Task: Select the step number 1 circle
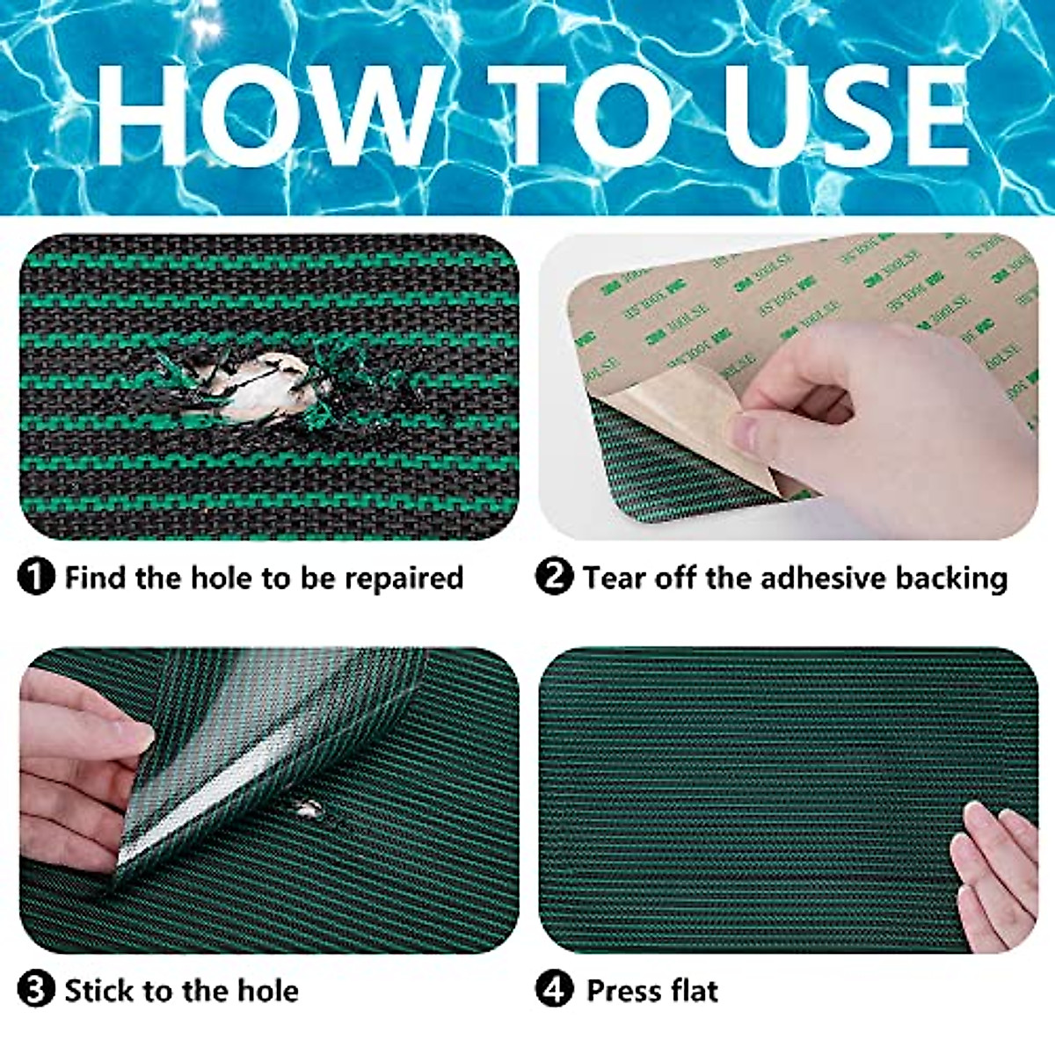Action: click(x=36, y=578)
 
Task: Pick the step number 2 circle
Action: click(x=554, y=578)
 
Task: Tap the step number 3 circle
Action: click(x=36, y=991)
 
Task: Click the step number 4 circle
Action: click(x=554, y=991)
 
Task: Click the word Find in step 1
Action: click(x=97, y=578)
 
